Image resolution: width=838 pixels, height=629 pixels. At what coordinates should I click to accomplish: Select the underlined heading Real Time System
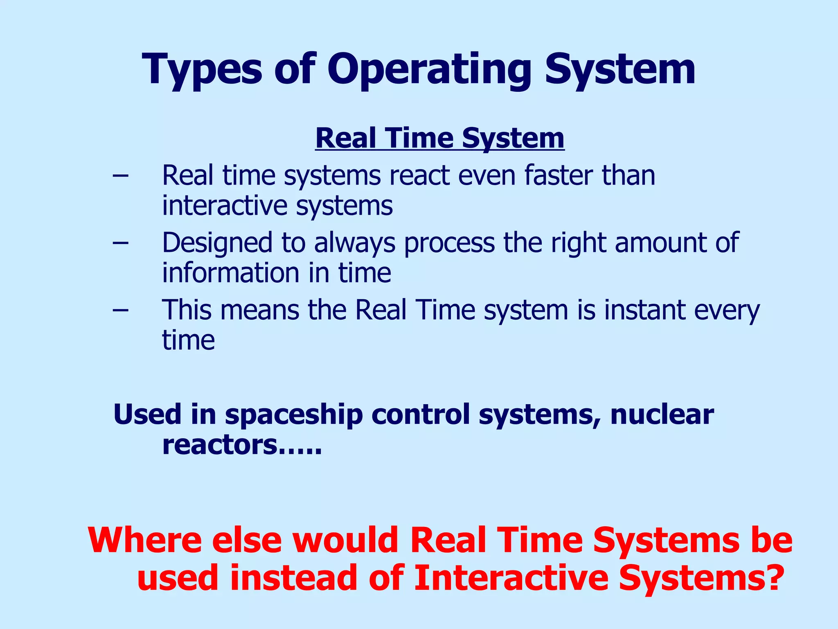click(x=440, y=138)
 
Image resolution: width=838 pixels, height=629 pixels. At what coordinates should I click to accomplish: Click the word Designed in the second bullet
click(x=217, y=242)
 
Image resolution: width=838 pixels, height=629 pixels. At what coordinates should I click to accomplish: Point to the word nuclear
click(x=662, y=414)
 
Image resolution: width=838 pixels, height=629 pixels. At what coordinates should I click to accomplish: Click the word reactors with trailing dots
click(x=241, y=445)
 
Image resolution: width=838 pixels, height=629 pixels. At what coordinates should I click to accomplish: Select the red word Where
click(x=144, y=541)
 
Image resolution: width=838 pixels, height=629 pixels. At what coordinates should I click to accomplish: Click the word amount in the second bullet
click(x=660, y=242)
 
